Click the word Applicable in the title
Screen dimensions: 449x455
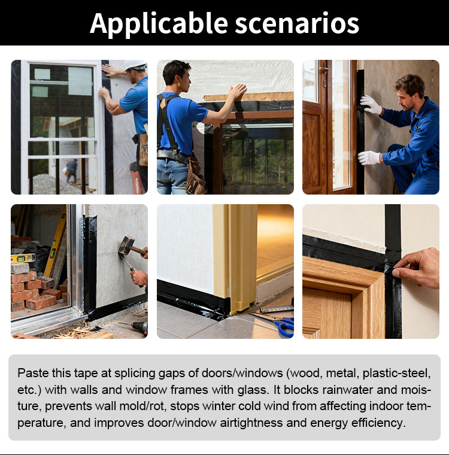click(x=159, y=24)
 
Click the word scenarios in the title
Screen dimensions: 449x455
click(x=297, y=24)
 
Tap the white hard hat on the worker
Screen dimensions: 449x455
click(x=135, y=65)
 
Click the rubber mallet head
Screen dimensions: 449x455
click(x=126, y=245)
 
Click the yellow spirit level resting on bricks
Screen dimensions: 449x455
click(x=23, y=257)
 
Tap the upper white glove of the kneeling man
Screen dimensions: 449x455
click(x=371, y=104)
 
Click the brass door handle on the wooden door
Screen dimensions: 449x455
click(x=324, y=70)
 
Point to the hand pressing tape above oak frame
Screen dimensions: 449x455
click(x=418, y=268)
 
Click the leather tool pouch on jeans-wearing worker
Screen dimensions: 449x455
click(x=195, y=177)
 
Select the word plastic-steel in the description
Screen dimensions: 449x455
click(x=397, y=373)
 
